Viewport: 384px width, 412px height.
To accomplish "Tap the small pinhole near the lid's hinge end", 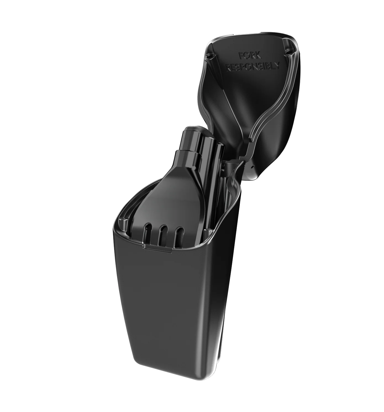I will coord(252,167).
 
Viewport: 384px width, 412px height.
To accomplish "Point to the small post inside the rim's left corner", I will coord(122,222).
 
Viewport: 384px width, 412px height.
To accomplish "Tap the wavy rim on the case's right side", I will coord(233,199).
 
